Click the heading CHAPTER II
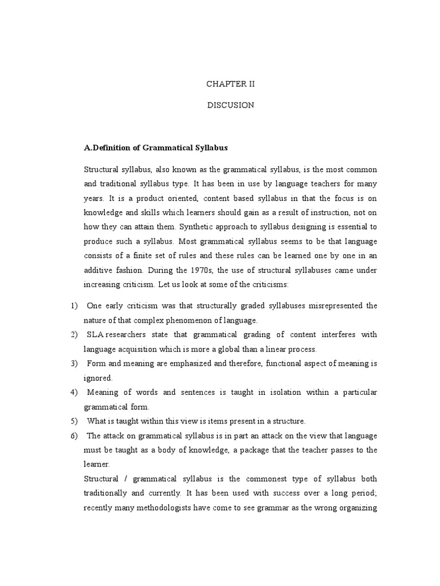point(230,84)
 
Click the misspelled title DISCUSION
point(230,105)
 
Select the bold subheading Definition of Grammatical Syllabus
point(156,148)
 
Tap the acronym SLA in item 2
point(96,334)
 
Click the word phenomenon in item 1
point(187,320)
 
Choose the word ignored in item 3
point(98,378)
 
